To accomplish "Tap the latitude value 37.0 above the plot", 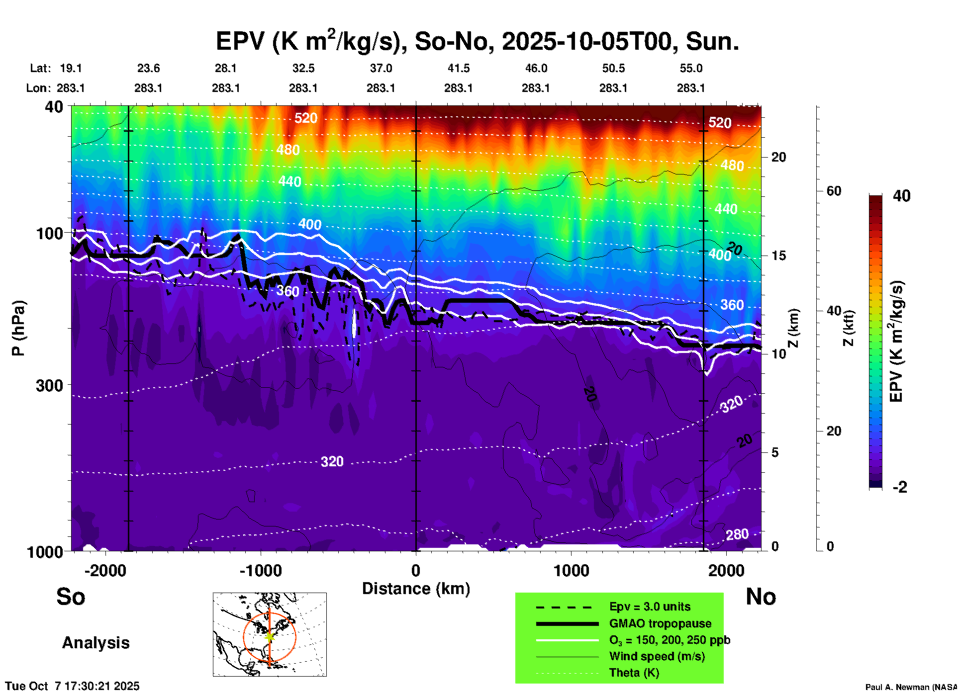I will [381, 68].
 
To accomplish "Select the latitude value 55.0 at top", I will [691, 68].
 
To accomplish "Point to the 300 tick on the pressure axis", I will [49, 385].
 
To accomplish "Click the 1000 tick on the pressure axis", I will [44, 551].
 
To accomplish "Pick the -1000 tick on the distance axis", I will [260, 571].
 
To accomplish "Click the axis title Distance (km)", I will [416, 589].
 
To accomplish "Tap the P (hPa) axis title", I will [18, 328].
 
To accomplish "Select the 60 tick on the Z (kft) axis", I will [834, 191].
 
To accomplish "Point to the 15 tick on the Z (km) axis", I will [778, 256].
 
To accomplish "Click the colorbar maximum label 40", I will [901, 196].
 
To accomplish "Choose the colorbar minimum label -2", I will [900, 487].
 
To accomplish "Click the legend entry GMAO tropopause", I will [660, 623].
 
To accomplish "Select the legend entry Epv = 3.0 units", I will [650, 607].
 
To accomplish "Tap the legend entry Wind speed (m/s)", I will [657, 656].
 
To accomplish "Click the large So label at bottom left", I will [71, 597].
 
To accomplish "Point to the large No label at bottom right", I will [761, 597].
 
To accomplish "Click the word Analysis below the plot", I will [96, 643].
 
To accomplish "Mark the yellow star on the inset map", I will [269, 636].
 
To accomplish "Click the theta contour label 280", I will [737, 534].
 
